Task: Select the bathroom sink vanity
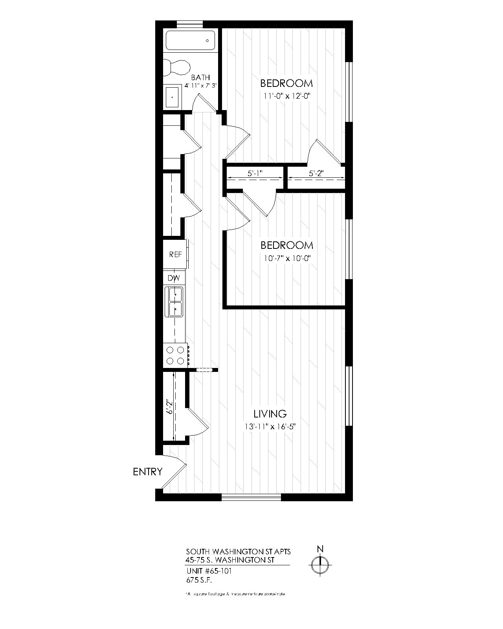coord(173,96)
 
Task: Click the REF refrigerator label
coord(175,254)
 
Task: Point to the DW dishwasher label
coord(174,278)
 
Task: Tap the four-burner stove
coord(176,355)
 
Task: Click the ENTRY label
coord(147,472)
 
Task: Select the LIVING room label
coord(270,414)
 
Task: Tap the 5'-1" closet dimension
coord(255,173)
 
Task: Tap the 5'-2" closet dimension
coord(316,173)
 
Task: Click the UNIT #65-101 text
coord(209,571)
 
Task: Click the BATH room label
coord(200,77)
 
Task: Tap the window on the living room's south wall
coord(251,497)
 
